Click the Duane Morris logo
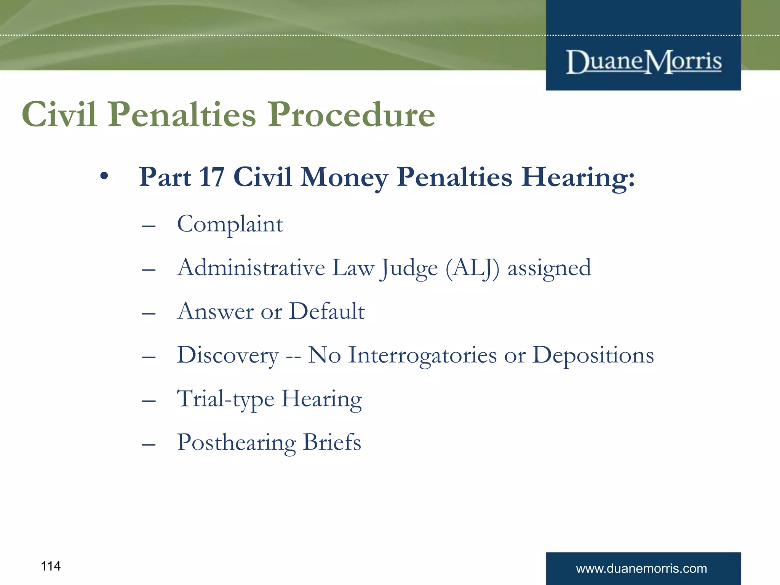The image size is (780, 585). [644, 62]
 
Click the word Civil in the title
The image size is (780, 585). [59, 115]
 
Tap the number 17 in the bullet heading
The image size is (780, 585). [211, 177]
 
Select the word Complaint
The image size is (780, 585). [230, 224]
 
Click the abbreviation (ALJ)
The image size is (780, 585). [472, 268]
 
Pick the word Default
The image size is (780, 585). [327, 311]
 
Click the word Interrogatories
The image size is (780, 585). [422, 355]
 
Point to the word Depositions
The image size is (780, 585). [593, 355]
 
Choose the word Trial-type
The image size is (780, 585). [225, 399]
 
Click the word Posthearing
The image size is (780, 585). [236, 443]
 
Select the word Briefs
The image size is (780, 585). [332, 443]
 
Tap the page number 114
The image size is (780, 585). [51, 566]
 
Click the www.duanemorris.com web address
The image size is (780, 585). [641, 569]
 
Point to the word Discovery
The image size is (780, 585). [228, 355]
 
